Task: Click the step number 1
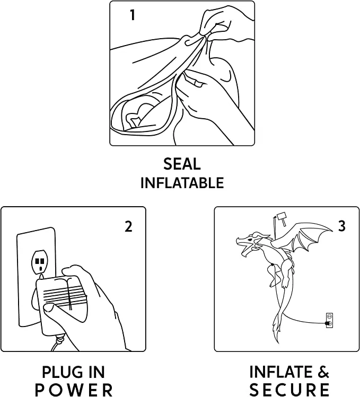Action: pos(133,15)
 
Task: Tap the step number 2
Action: pos(129,226)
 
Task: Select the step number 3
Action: pos(342,226)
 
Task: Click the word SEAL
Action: pos(182,164)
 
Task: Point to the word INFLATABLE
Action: pos(182,182)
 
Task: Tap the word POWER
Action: pos(74,390)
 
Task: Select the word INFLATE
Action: pos(280,372)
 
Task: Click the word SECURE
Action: pos(289,390)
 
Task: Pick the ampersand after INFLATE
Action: pos(322,372)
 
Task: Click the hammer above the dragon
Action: pos(281,219)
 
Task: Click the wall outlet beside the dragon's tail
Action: pos(329,320)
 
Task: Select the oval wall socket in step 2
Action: pos(39,262)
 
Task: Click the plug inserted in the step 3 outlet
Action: pos(328,323)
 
